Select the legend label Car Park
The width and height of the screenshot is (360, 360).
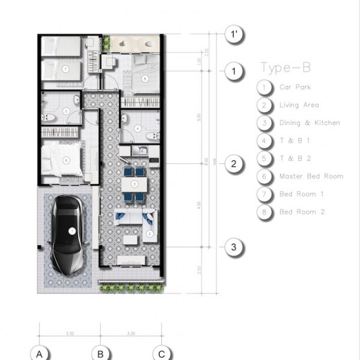(295, 87)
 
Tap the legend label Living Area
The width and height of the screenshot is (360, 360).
(298, 105)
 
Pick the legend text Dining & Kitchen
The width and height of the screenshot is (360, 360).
(310, 123)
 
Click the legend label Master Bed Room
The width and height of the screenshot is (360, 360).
(311, 176)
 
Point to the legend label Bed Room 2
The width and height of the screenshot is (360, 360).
(302, 212)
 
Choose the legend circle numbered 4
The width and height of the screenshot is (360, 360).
(264, 141)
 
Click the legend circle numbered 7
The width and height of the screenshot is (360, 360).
(264, 194)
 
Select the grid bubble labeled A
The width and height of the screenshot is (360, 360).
(40, 354)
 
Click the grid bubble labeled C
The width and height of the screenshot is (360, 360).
(161, 354)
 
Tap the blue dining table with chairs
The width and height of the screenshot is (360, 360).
(134, 184)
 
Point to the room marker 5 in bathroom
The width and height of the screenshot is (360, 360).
(65, 112)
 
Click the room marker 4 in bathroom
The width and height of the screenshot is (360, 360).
(137, 128)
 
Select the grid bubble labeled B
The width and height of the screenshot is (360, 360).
(101, 354)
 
